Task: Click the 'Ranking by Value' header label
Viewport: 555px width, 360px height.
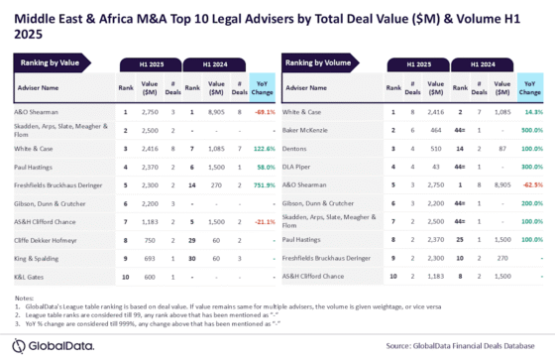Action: point(48,63)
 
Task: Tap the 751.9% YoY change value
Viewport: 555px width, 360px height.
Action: point(264,184)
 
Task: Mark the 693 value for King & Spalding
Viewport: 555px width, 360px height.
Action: point(150,257)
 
